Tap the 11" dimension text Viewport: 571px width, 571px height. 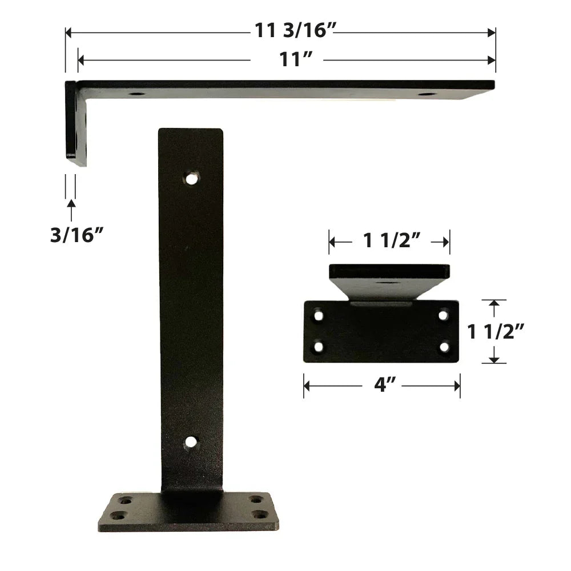click(x=296, y=59)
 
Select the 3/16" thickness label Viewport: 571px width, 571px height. click(x=77, y=235)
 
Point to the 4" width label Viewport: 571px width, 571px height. click(x=384, y=385)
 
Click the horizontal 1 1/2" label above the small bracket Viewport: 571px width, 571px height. click(x=392, y=241)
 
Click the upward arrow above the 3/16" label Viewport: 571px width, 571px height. click(x=71, y=210)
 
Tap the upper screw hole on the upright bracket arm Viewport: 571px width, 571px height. click(x=191, y=179)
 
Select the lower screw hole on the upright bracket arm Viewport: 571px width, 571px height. click(x=191, y=442)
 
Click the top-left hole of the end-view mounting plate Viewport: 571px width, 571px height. click(x=319, y=316)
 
